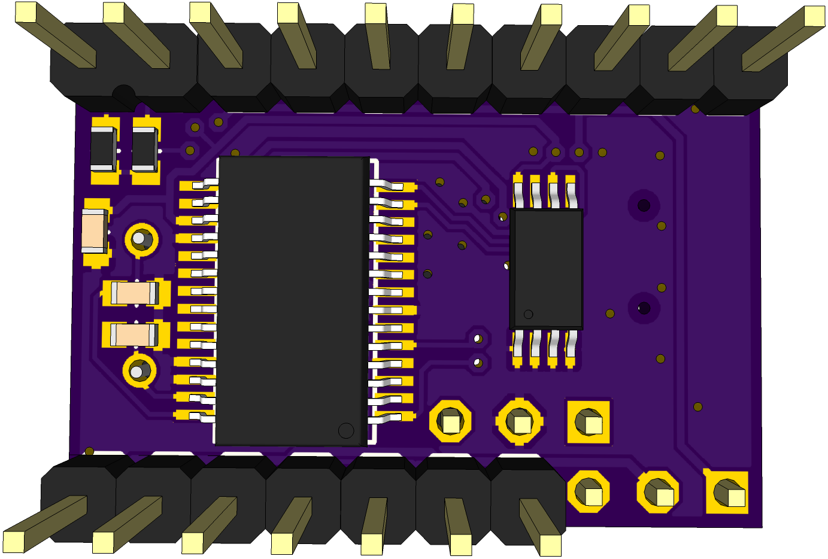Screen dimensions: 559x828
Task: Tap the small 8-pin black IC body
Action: click(x=546, y=268)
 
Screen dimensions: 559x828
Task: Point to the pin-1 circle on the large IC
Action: click(x=345, y=430)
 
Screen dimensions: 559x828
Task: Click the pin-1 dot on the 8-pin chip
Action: click(x=528, y=314)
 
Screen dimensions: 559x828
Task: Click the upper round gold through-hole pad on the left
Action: click(x=141, y=239)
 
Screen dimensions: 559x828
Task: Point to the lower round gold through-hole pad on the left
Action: click(x=139, y=371)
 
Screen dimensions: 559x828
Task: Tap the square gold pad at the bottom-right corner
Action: click(x=727, y=493)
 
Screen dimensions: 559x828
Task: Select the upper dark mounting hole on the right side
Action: click(x=644, y=205)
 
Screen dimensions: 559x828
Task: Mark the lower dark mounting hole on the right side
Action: click(x=644, y=308)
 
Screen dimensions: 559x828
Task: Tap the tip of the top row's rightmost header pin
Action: click(x=814, y=16)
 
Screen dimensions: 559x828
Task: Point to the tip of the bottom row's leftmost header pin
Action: click(x=14, y=542)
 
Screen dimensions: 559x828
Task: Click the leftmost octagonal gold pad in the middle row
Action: click(x=451, y=421)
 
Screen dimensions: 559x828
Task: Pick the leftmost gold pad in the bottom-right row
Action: click(x=588, y=493)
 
